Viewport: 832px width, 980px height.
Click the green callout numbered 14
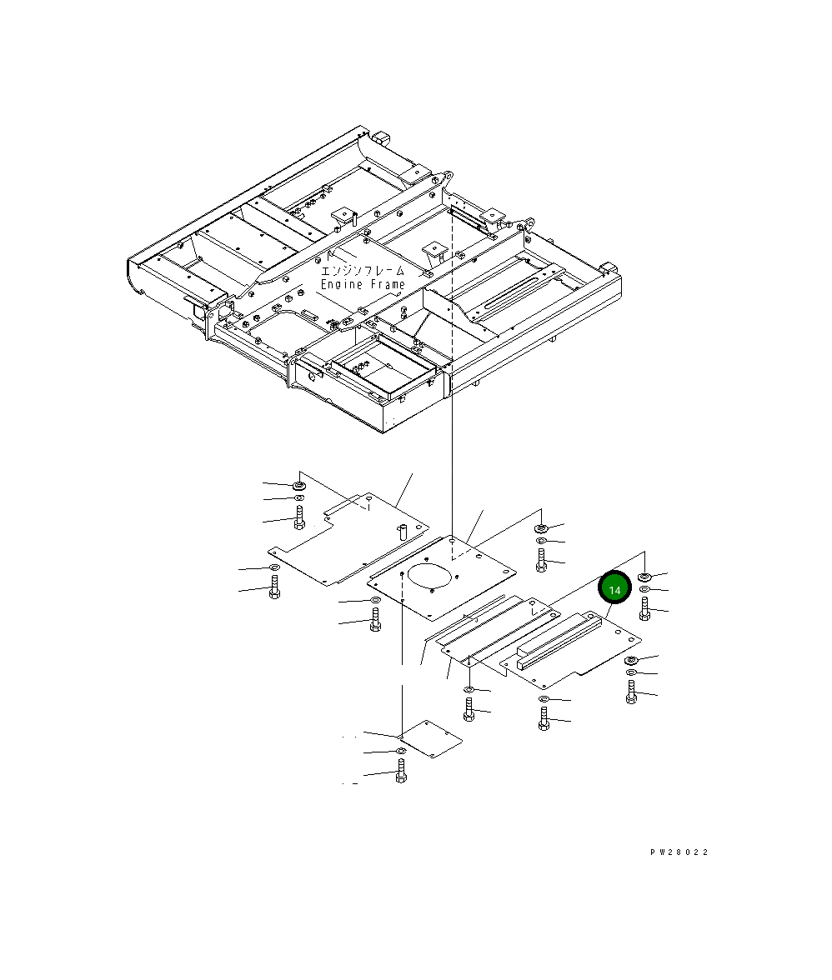point(615,589)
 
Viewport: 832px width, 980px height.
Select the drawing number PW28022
point(680,852)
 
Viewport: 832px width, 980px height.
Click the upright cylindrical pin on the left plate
point(400,531)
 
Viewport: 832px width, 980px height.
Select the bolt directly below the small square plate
point(401,775)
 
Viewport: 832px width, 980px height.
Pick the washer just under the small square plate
point(401,752)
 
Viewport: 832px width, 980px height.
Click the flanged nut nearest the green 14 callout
point(645,576)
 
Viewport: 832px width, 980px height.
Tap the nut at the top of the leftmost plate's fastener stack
point(298,484)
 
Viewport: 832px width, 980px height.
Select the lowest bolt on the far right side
point(631,692)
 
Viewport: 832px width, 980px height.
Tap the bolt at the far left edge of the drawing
point(273,589)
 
